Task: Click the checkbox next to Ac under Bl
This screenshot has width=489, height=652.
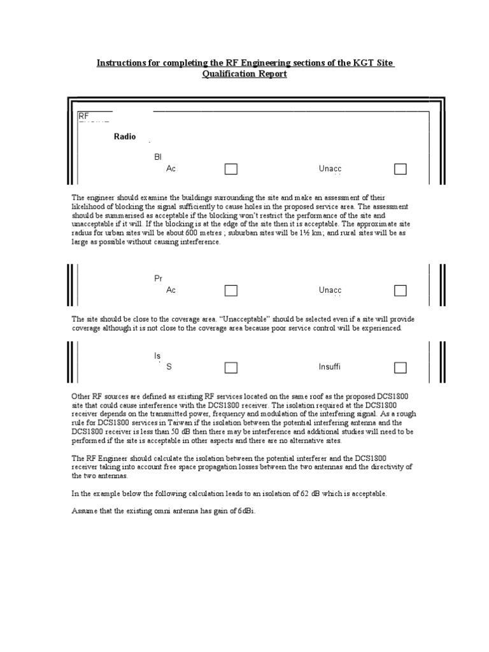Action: (x=230, y=169)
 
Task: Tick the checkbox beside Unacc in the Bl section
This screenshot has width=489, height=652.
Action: (x=400, y=169)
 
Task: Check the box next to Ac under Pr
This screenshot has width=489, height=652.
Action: (x=230, y=290)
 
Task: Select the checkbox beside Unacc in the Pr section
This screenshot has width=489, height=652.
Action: (x=400, y=290)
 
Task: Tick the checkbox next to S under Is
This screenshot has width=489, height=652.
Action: (x=230, y=367)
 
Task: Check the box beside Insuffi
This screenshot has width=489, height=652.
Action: (x=400, y=367)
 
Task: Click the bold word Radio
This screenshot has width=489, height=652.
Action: (x=125, y=137)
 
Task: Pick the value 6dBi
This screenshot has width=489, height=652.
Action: (x=244, y=511)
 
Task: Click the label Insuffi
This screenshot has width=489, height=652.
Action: (x=330, y=367)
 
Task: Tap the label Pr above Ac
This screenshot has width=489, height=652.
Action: (x=159, y=279)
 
